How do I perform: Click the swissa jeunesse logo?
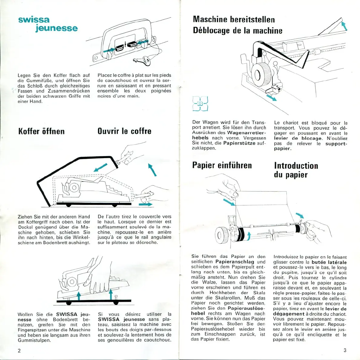pos(48,24)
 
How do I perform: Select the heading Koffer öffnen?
pos(42,131)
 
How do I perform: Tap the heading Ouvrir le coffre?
pos(124,131)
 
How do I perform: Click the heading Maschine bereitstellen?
pos(234,19)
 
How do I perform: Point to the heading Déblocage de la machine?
pos(238,31)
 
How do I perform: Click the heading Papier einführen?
pos(222,165)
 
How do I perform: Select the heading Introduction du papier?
pos(296,170)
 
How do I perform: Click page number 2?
pos(19,351)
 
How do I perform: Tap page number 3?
pos(345,350)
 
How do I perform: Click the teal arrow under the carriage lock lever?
pos(272,97)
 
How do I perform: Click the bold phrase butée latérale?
pos(329,262)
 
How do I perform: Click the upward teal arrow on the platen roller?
pos(249,235)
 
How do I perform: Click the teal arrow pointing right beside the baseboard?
pos(145,204)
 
